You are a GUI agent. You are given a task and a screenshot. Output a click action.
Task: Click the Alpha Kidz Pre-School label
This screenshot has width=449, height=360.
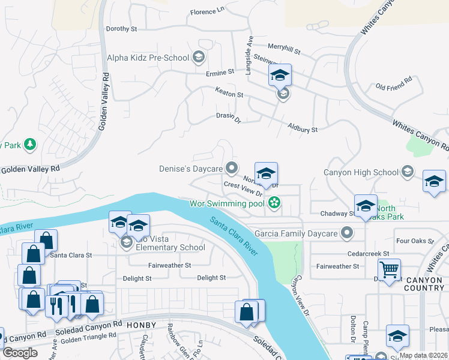point(148,58)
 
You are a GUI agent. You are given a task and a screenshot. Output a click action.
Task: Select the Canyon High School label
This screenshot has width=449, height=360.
point(361,172)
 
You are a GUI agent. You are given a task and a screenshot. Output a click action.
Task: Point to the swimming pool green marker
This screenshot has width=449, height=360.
point(274,203)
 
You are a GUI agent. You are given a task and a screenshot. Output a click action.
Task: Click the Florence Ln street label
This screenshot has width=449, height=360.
point(206,11)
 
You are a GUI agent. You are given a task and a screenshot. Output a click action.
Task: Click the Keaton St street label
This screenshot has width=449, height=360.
point(229,95)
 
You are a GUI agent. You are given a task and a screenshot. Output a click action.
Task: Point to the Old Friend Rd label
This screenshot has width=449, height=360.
point(394,83)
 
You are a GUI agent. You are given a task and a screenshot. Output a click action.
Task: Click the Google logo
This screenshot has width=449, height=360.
point(20,353)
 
